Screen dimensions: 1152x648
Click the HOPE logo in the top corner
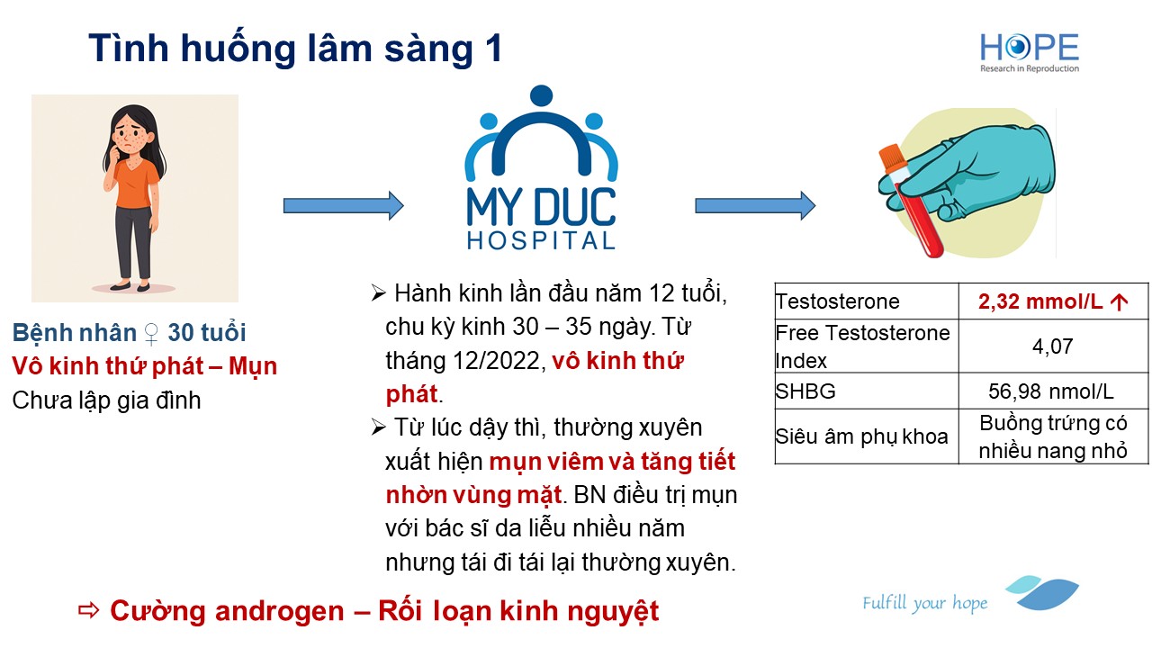(1029, 52)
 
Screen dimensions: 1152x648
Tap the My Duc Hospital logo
(541, 167)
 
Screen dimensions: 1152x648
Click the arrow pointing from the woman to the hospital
(344, 206)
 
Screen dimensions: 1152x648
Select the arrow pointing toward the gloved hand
(755, 206)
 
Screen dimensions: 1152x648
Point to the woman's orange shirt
(135, 183)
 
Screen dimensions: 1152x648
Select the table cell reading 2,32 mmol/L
(1053, 301)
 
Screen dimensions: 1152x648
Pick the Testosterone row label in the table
(837, 301)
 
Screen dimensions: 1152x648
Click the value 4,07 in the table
(1053, 346)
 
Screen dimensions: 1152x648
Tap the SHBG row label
(805, 391)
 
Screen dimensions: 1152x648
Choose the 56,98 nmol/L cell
(1050, 391)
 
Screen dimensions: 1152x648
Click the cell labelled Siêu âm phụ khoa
(861, 436)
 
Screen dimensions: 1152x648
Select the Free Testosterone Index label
(862, 346)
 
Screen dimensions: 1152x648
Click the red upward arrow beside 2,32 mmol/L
(1119, 301)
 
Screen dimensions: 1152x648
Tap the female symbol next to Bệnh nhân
(151, 333)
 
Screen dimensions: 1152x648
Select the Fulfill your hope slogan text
(924, 603)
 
